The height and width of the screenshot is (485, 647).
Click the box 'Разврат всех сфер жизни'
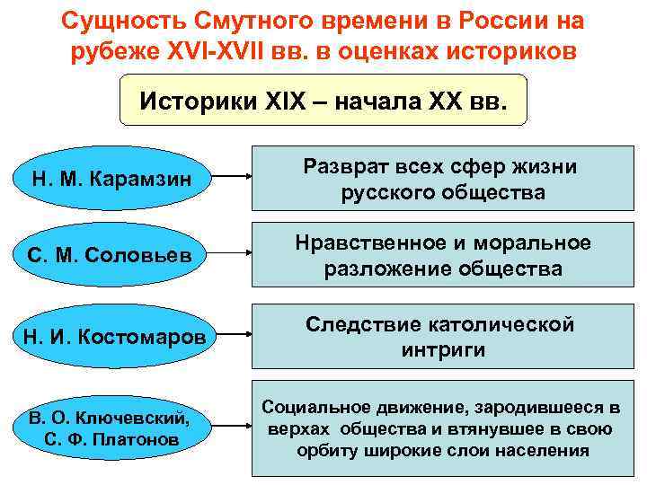440,179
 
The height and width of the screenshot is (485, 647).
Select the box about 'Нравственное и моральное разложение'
440,256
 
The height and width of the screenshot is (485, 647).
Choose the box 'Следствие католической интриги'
440,337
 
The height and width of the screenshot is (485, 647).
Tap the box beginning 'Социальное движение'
440,428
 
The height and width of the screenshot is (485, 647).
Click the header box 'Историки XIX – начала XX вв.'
323,100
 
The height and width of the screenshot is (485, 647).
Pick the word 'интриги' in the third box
442,350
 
